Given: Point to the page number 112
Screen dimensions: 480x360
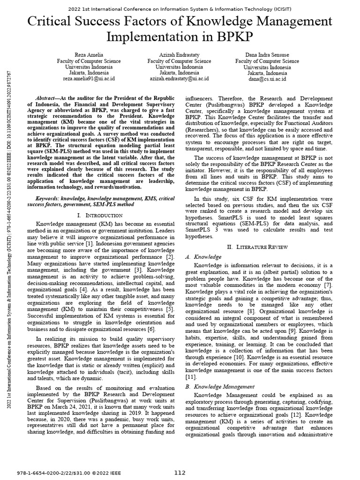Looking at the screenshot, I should (180, 472).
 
